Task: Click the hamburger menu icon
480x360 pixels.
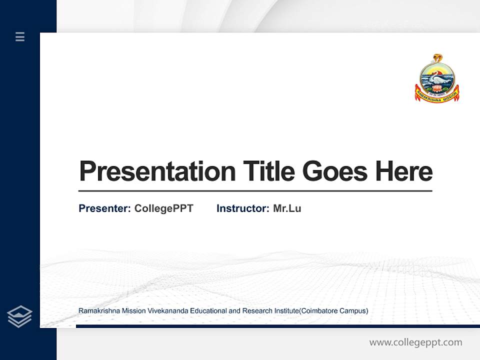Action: pyautogui.click(x=20, y=36)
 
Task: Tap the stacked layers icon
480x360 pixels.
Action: pyautogui.click(x=19, y=316)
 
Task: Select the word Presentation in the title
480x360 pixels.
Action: pyautogui.click(x=157, y=171)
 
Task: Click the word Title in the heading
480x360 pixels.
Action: pyautogui.click(x=268, y=171)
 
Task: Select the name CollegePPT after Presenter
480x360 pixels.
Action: pyautogui.click(x=163, y=208)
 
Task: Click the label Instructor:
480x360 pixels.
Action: pyautogui.click(x=243, y=208)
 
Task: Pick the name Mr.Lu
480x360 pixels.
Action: pyautogui.click(x=287, y=208)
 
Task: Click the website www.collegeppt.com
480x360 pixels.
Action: pyautogui.click(x=415, y=342)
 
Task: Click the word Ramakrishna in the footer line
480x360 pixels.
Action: pyautogui.click(x=97, y=311)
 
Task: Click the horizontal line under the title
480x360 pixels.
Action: pyautogui.click(x=255, y=190)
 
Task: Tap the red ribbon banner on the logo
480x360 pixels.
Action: pyautogui.click(x=436, y=94)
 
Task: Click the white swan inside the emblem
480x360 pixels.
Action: pyautogui.click(x=437, y=78)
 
